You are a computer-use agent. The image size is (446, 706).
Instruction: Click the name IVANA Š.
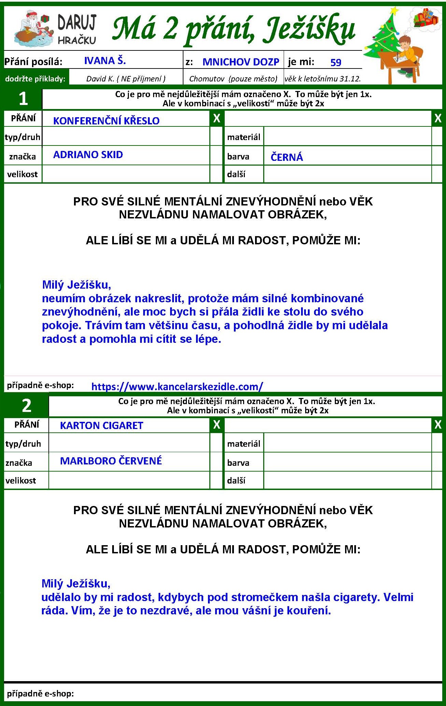coord(105,61)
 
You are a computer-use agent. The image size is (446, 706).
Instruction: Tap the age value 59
coord(336,62)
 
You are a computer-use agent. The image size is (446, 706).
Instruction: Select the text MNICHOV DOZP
coord(241,62)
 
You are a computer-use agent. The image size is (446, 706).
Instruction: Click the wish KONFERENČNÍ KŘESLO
coord(106,121)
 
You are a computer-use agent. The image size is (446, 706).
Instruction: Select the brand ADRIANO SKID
coord(88,155)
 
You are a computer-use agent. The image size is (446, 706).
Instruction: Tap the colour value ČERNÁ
coord(287,157)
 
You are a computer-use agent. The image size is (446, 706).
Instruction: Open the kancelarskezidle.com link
coord(177,386)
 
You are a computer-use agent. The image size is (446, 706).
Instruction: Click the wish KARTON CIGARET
coord(102,425)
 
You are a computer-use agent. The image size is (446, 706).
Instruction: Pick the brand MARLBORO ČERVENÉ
coord(111,461)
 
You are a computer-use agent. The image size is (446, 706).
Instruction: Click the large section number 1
coord(23,98)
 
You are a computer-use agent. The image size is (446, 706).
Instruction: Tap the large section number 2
coord(27,405)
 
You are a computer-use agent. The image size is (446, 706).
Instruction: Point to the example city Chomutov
coord(208,79)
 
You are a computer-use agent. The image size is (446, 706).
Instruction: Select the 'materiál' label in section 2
coord(243,444)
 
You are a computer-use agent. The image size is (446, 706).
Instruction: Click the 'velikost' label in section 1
coord(23,174)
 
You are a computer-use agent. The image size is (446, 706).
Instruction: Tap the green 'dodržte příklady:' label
coord(35,79)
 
